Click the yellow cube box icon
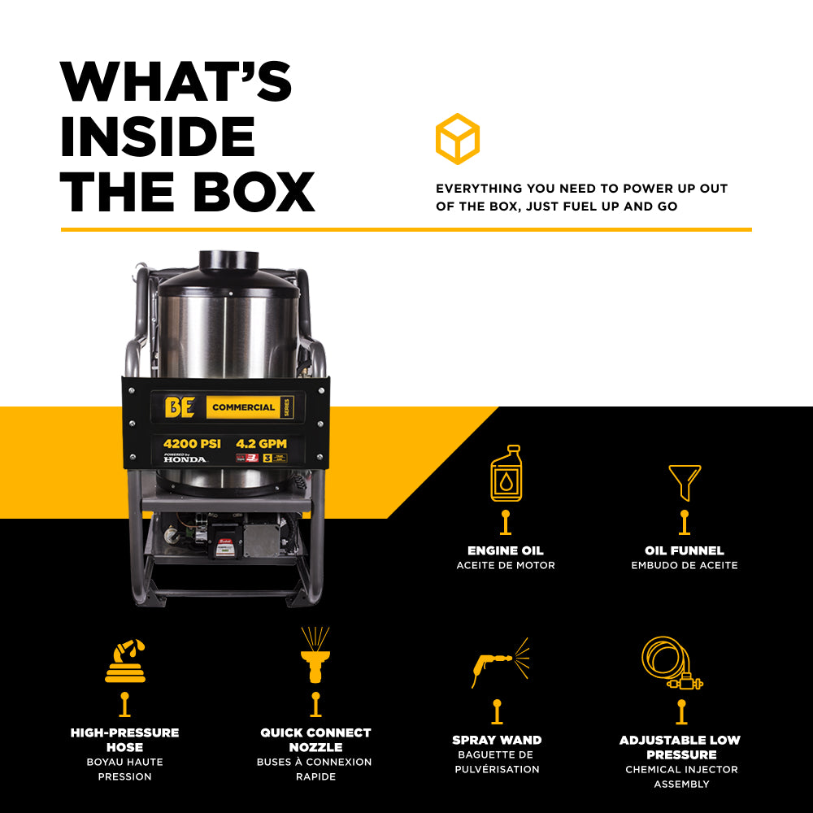tap(457, 139)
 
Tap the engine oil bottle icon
tap(506, 473)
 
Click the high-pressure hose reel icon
tap(125, 660)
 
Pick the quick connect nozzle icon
tap(315, 655)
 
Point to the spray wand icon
tap(498, 663)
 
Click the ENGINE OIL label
tap(506, 550)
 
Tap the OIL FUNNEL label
tap(685, 550)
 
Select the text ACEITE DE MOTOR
tap(506, 565)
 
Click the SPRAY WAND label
tap(497, 740)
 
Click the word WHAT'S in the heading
tap(176, 82)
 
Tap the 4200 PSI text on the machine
tap(192, 444)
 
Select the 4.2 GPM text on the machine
tap(263, 444)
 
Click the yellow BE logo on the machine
tap(180, 407)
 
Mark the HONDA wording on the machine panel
tap(185, 459)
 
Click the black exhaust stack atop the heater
tap(228, 261)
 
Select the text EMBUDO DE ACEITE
tap(685, 565)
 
